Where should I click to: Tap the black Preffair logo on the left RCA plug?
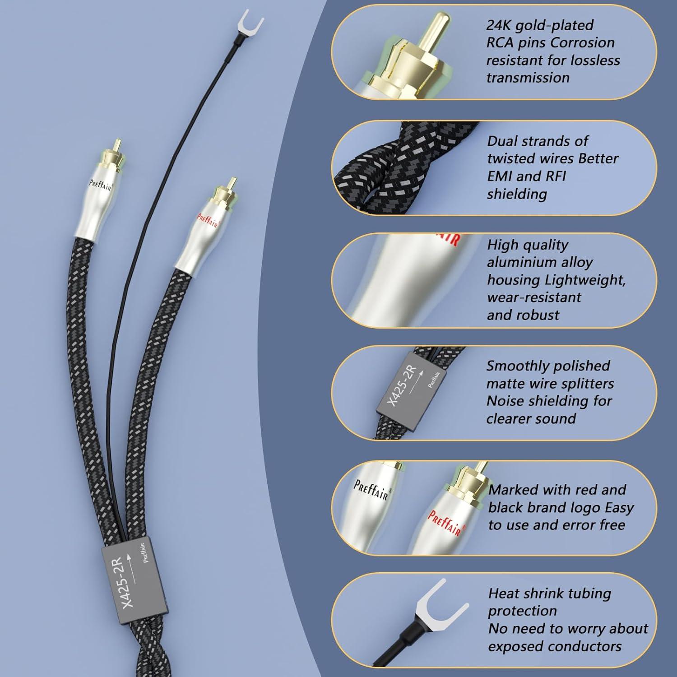(100, 185)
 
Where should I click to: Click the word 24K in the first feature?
(499, 25)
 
